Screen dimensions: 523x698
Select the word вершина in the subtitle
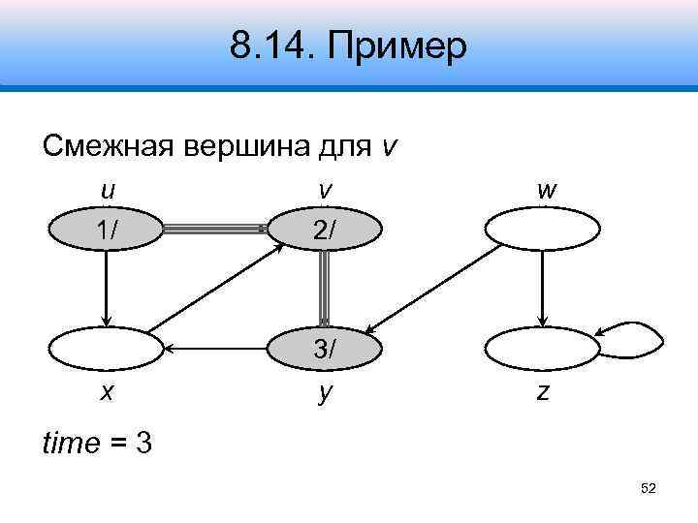(240, 146)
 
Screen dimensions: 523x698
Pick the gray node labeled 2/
(325, 231)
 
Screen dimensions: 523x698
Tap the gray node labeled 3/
(325, 348)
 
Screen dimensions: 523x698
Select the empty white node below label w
(542, 231)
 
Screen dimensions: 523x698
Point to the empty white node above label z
(542, 348)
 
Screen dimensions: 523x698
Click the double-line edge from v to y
(325, 289)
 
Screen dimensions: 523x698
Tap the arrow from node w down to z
(543, 289)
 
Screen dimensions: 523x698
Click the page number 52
(649, 489)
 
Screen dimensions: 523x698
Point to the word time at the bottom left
(71, 444)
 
